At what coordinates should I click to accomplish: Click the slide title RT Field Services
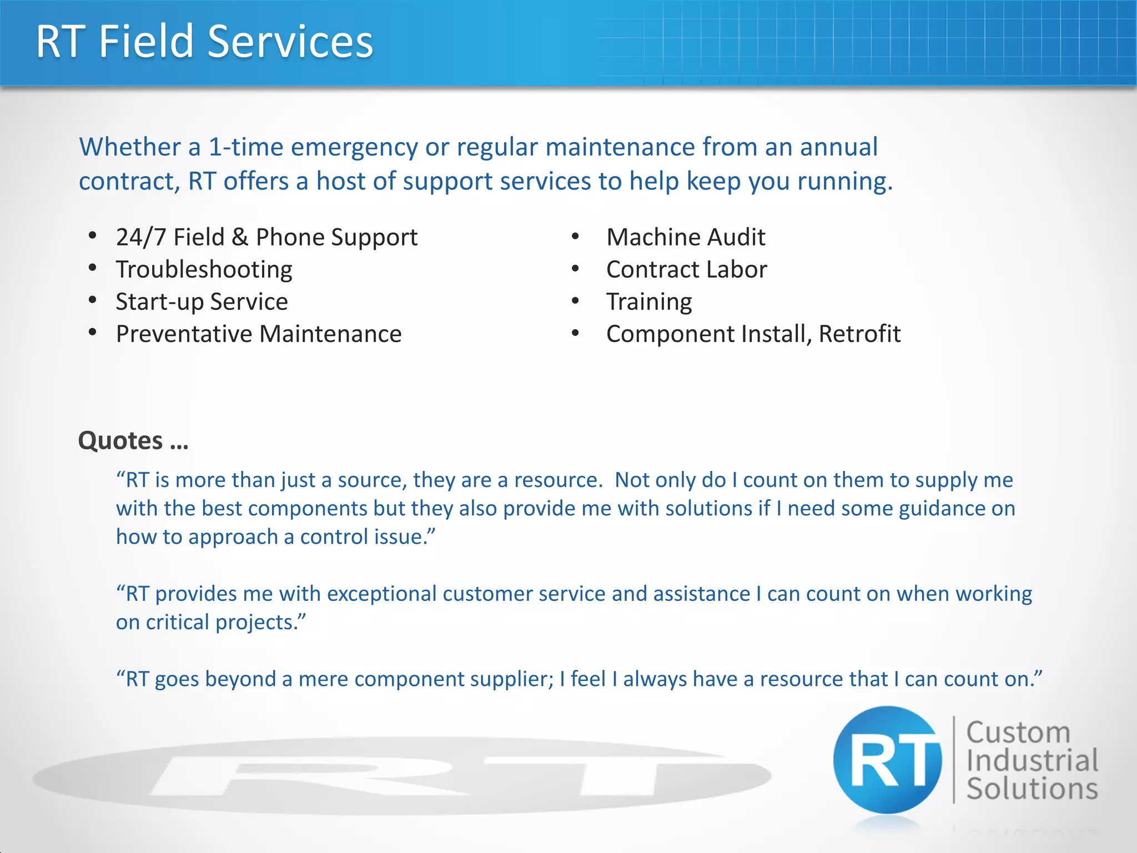click(x=204, y=42)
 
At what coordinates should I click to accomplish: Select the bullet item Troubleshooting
click(x=204, y=270)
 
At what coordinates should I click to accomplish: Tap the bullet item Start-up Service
click(x=202, y=302)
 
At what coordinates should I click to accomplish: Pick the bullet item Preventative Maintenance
click(x=259, y=334)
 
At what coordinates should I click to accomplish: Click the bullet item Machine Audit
click(x=686, y=238)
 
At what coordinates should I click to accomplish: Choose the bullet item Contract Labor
click(x=686, y=270)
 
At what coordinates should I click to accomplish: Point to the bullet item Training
click(x=649, y=302)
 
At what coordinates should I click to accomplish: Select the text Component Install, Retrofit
click(x=753, y=334)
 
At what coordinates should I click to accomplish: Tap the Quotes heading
click(x=133, y=441)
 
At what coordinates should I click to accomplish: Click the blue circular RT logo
click(x=887, y=760)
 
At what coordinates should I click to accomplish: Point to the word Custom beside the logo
click(x=1018, y=732)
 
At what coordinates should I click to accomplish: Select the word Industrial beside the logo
click(x=1032, y=761)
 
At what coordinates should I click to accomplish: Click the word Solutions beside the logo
click(x=1032, y=789)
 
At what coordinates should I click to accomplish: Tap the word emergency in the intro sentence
click(x=354, y=148)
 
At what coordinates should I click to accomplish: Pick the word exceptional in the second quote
click(x=381, y=594)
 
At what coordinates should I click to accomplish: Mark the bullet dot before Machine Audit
click(x=575, y=237)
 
